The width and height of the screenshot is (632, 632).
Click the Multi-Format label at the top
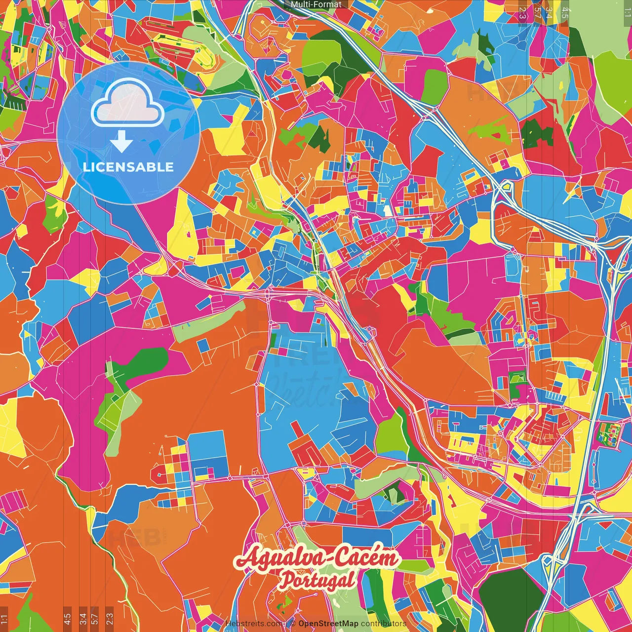click(316, 4)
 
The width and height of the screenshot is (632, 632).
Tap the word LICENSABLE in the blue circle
click(128, 167)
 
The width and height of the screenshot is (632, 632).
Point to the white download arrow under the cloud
click(121, 142)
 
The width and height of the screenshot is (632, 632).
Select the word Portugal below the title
click(317, 580)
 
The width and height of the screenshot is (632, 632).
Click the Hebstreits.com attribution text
click(255, 624)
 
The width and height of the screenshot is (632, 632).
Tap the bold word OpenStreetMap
click(328, 624)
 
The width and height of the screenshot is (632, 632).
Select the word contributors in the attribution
click(384, 624)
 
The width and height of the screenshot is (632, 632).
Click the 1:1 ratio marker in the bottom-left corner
click(4, 619)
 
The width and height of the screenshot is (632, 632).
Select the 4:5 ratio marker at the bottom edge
click(67, 618)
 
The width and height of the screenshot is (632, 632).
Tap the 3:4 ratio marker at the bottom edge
click(83, 618)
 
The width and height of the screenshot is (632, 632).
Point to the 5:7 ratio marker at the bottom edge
click(95, 618)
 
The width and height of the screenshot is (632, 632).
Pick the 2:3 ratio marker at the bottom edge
click(109, 618)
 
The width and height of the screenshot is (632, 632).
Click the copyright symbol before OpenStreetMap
click(292, 624)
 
